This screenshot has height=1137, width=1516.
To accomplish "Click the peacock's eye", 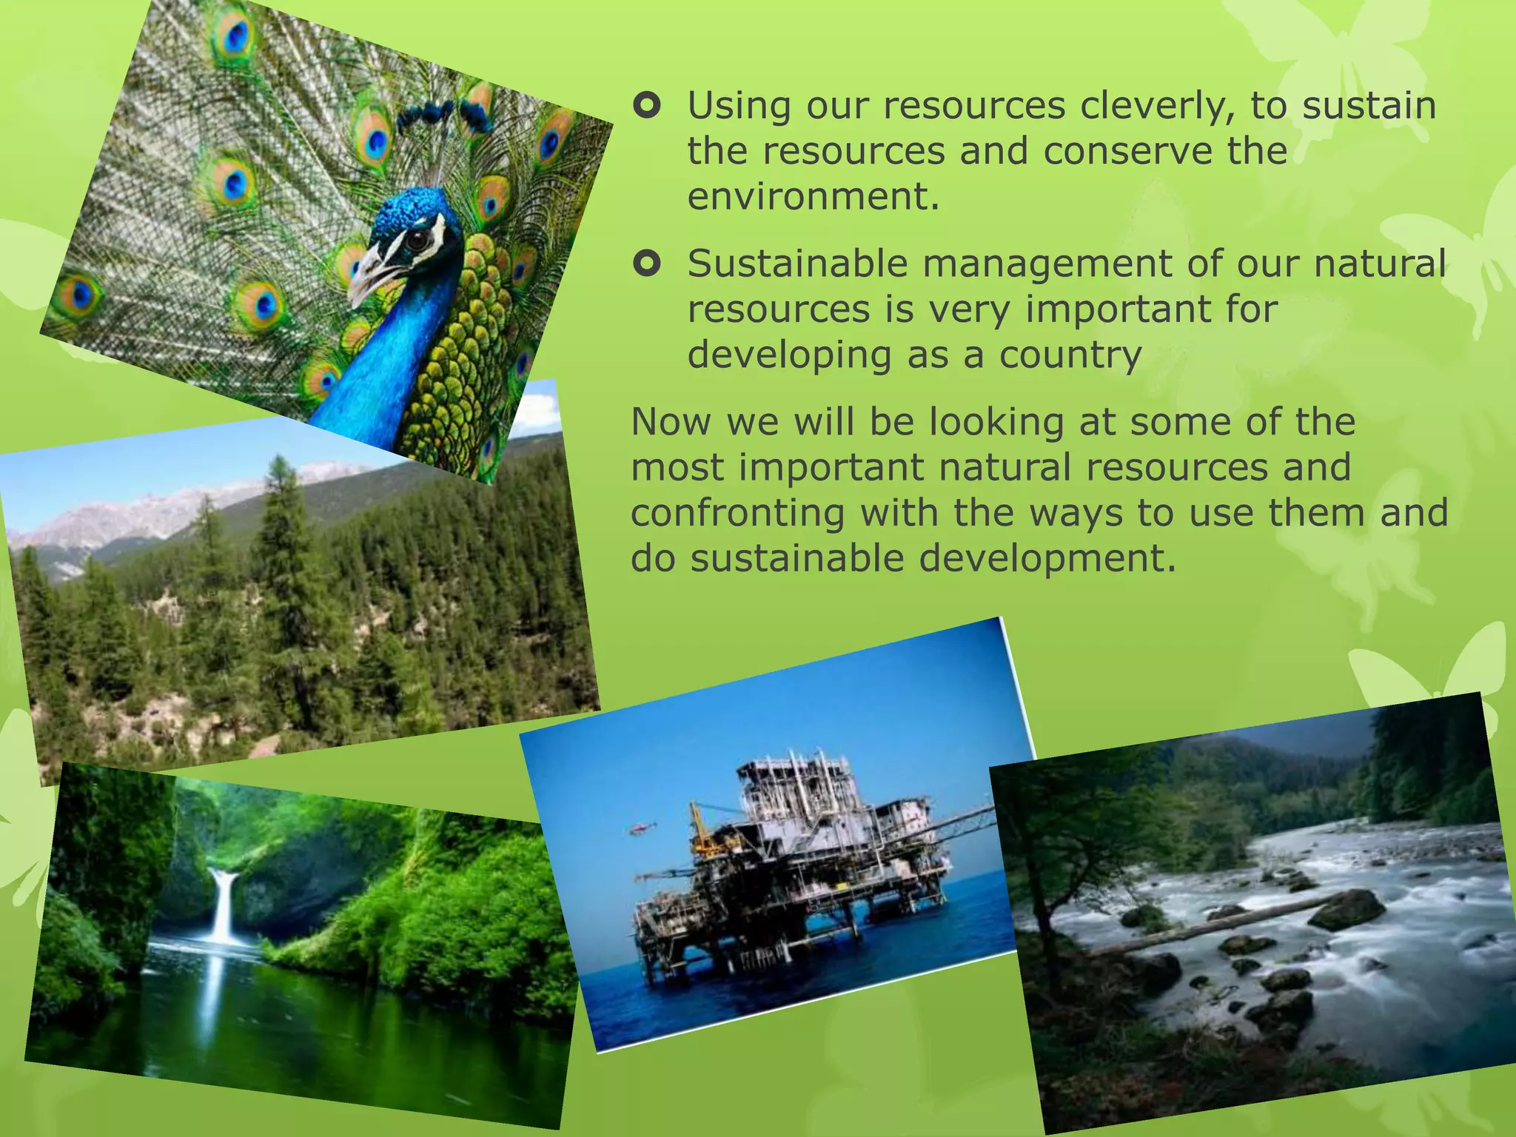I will pyautogui.click(x=418, y=239).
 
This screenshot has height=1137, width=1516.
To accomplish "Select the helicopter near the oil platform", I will pyautogui.click(x=637, y=828).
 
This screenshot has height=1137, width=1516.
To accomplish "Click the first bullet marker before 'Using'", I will pyautogui.click(x=647, y=107).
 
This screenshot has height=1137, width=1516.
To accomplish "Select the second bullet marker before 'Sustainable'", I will pyautogui.click(x=647, y=264).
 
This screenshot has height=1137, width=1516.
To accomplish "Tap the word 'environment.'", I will pyautogui.click(x=813, y=197).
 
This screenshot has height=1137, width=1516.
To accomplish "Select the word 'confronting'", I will pyautogui.click(x=737, y=513).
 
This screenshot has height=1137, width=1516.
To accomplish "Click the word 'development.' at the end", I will pyautogui.click(x=1047, y=558).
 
